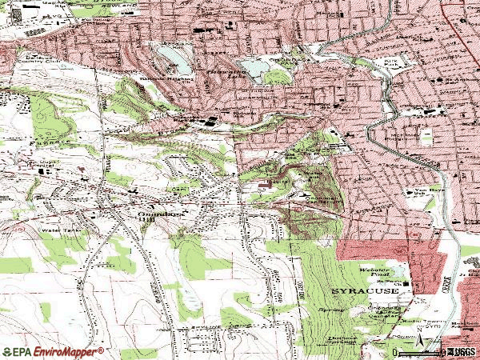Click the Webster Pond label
pos(372,270)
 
